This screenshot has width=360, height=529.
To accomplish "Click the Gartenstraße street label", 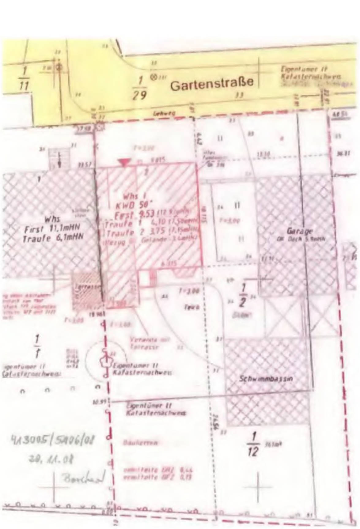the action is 212,83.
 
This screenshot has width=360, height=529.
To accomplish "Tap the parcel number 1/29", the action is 140,88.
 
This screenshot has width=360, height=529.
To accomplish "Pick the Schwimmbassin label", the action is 266,379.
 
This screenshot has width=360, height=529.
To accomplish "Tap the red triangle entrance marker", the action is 124,163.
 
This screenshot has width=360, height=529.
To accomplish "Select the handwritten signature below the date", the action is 82,478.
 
